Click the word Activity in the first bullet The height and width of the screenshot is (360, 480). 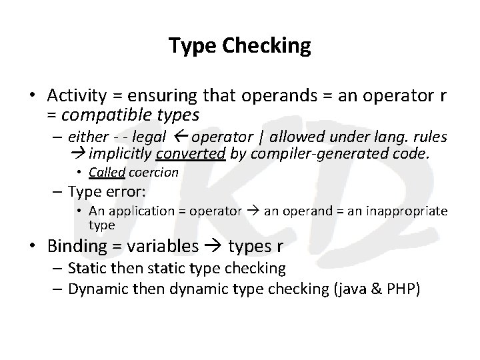[x=75, y=95]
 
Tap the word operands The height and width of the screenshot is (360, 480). [x=269, y=95]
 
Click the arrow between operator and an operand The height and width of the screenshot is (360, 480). [x=253, y=212]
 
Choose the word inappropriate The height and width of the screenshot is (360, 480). [x=407, y=212]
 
